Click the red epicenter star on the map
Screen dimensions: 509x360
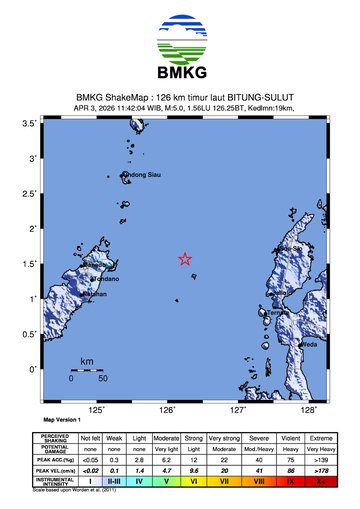coord(185,259)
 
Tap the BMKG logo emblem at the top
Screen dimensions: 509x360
coord(180,42)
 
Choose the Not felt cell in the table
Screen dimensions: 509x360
coord(90,438)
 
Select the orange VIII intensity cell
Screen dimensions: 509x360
coord(258,481)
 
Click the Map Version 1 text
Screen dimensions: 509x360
coord(61,420)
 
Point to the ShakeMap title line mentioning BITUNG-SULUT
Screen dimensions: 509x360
coord(180,98)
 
